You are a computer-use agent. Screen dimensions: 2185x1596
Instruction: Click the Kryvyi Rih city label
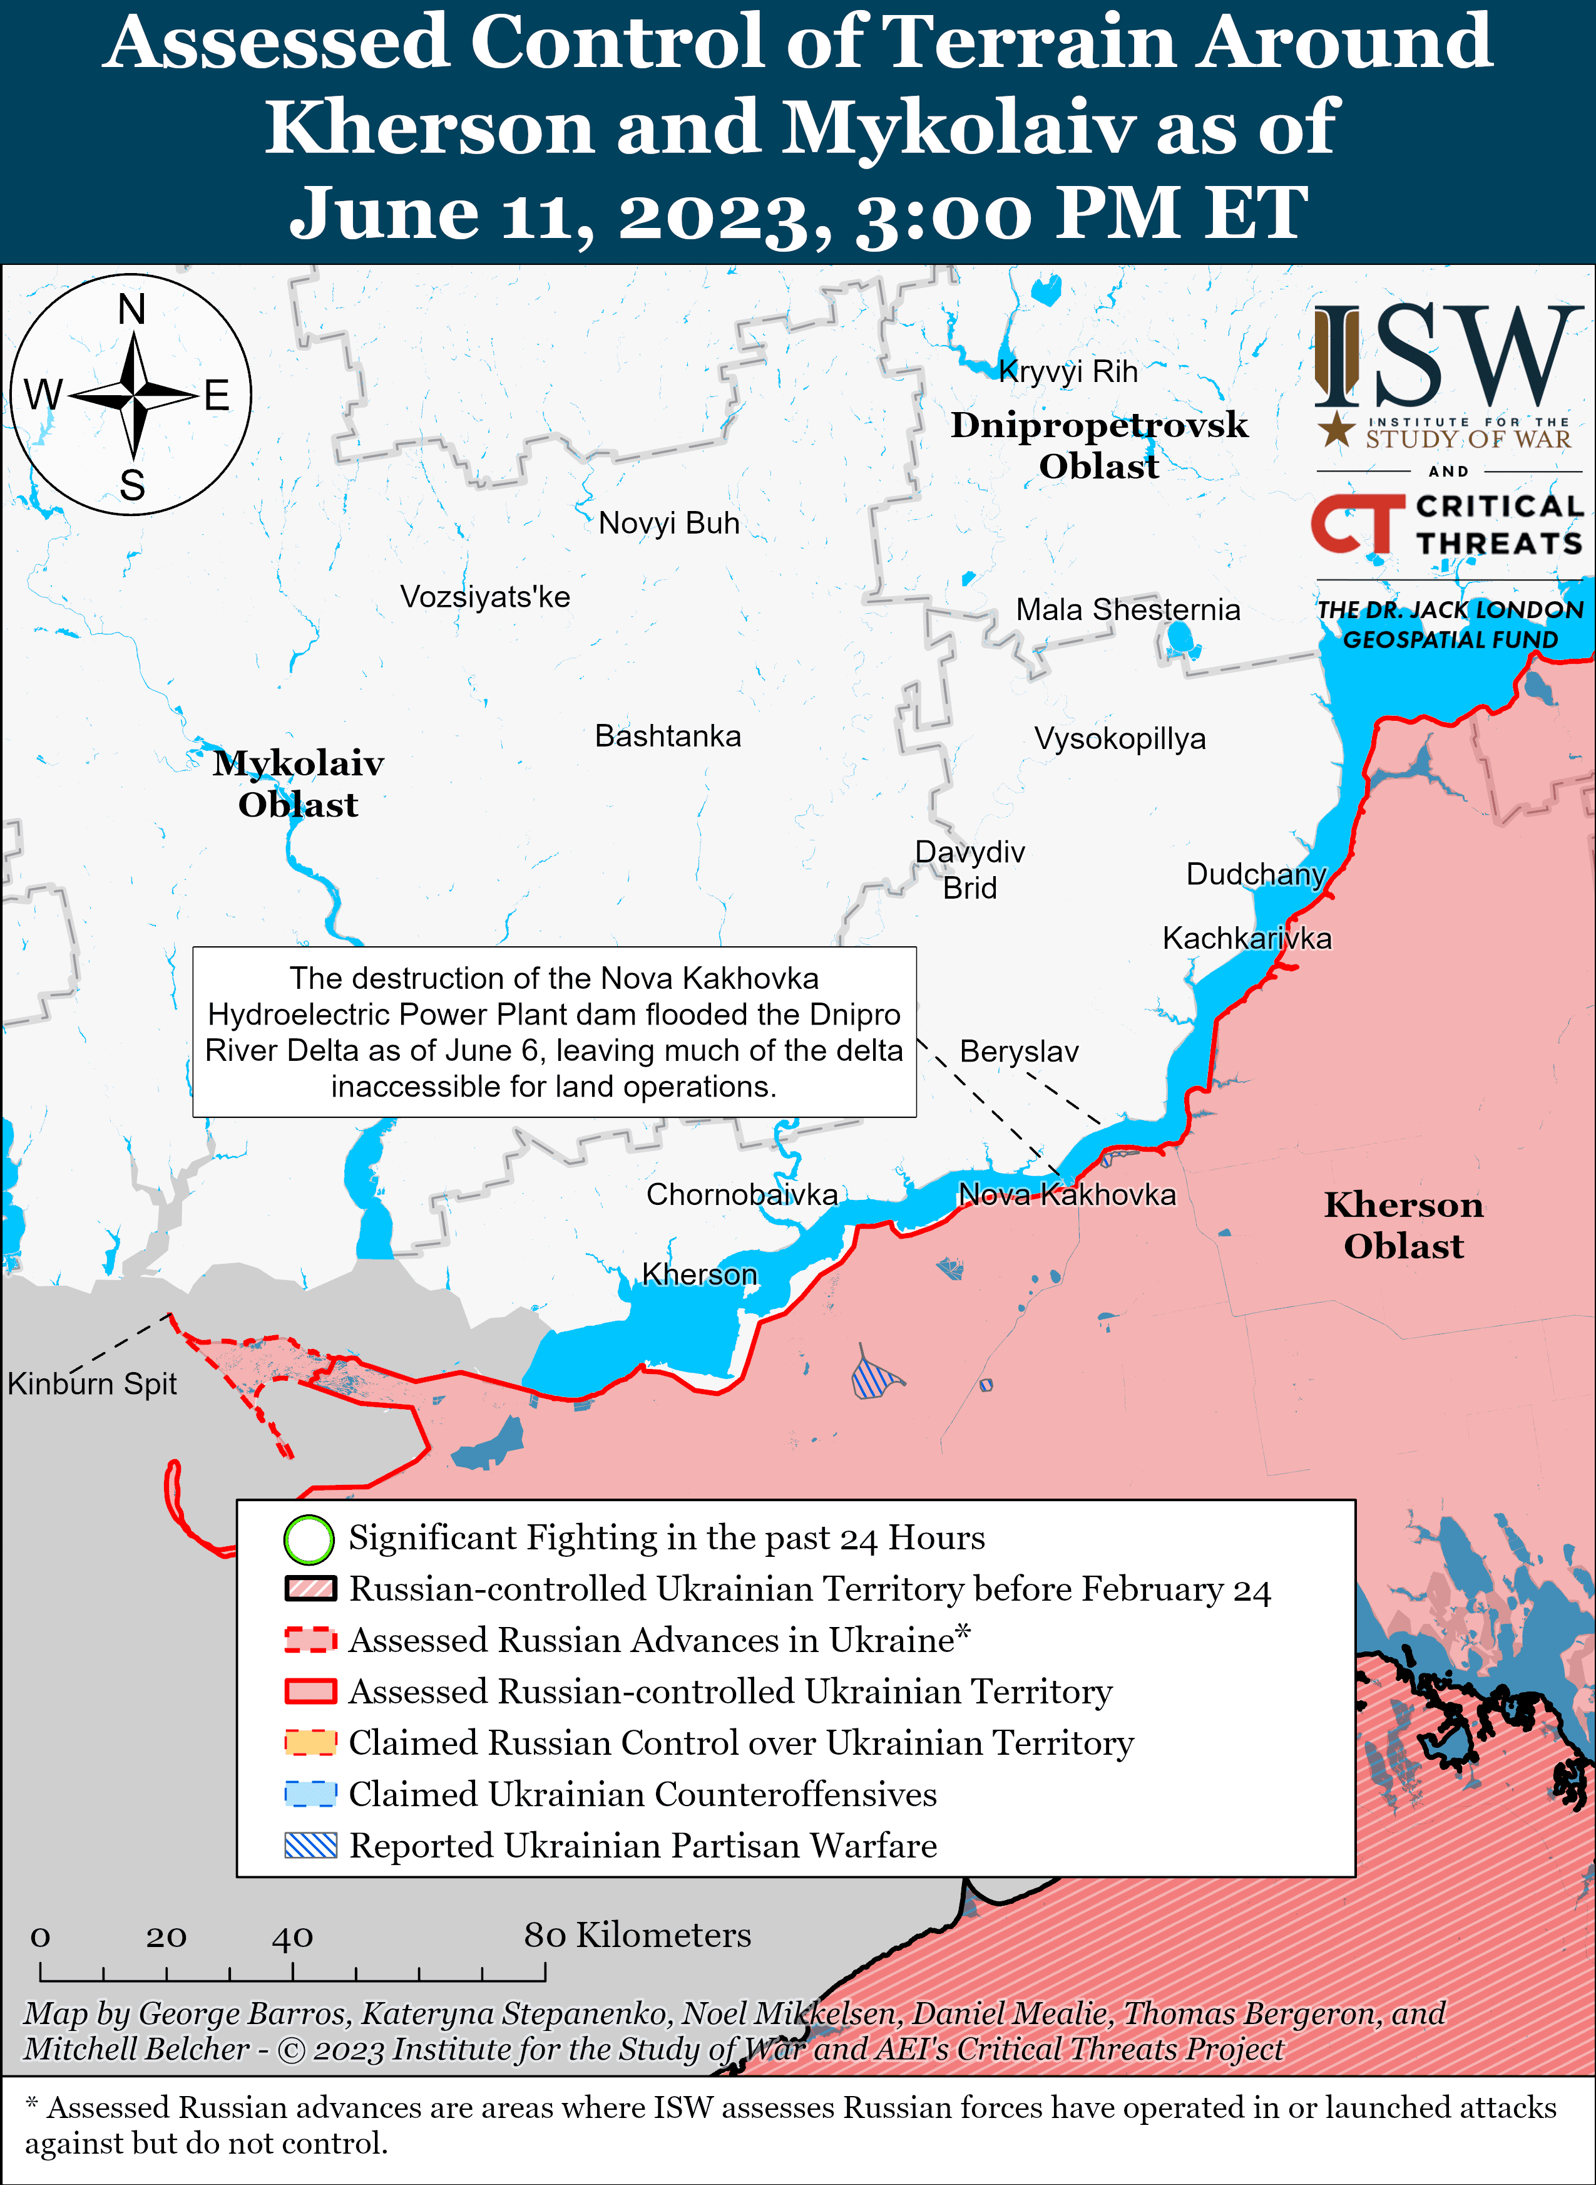(1068, 371)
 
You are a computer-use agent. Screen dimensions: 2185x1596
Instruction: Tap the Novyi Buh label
(668, 523)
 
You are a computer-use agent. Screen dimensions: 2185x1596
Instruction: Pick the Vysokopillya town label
(1120, 738)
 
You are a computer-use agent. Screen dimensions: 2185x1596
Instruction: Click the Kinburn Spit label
(92, 1384)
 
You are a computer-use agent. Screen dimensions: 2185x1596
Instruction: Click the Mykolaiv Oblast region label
(299, 783)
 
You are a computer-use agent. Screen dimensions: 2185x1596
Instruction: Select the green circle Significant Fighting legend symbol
(309, 1539)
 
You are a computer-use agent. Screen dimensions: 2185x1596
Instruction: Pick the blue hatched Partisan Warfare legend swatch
(310, 1845)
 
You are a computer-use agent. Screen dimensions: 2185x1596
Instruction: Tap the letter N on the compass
(131, 310)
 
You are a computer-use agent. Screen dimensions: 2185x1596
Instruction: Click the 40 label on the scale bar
(292, 1936)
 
